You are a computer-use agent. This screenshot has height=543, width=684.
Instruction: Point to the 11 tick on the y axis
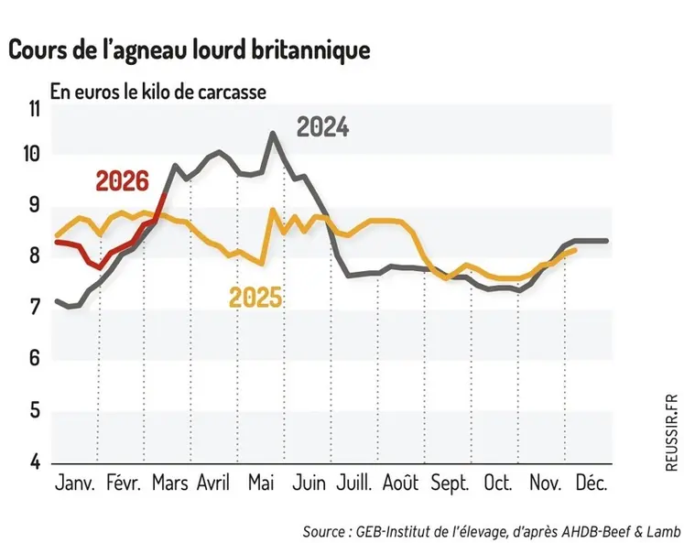click(34, 110)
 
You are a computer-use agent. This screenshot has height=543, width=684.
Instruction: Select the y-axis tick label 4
click(34, 462)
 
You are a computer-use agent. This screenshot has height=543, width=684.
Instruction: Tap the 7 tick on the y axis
click(34, 308)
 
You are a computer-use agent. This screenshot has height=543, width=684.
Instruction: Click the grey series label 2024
click(321, 128)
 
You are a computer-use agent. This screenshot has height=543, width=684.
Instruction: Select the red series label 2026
click(121, 180)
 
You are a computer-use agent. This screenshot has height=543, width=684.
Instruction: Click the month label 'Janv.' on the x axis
click(75, 483)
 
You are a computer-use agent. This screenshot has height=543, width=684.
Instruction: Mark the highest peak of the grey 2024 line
click(272, 134)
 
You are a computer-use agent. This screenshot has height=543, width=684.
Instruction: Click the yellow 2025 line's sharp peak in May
click(272, 210)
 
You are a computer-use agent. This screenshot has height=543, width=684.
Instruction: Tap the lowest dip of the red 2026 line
click(96, 267)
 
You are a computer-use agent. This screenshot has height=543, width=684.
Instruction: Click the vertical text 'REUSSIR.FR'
click(673, 432)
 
